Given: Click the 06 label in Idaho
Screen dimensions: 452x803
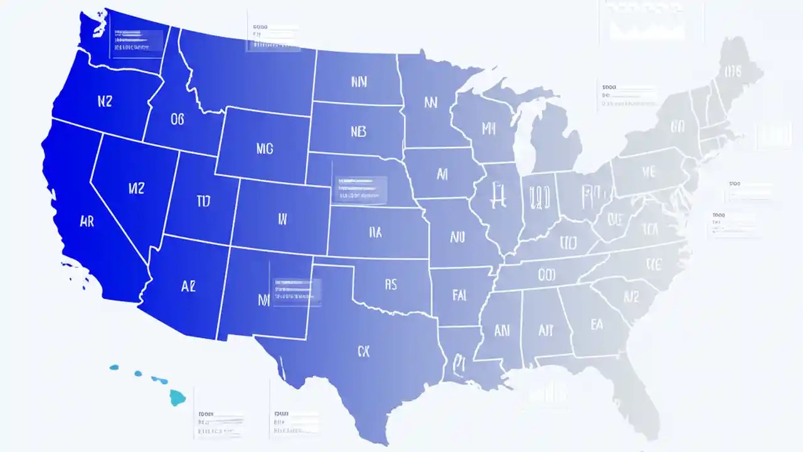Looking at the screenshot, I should tap(177, 119).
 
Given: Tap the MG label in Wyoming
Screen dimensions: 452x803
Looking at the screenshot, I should tap(265, 149).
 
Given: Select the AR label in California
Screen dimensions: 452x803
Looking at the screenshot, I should tap(87, 221).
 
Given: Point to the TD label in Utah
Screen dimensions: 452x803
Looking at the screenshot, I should tap(203, 201).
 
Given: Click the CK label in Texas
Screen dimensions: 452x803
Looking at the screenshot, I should tap(364, 352).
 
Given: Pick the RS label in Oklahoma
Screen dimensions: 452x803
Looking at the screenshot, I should tap(390, 284).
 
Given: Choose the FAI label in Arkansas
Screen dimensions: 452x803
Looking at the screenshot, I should tap(459, 295).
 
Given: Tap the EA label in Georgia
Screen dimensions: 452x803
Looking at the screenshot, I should tap(597, 324).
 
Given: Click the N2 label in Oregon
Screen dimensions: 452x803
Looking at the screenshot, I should tap(105, 102).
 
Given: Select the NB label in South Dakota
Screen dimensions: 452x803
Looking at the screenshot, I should tap(358, 131).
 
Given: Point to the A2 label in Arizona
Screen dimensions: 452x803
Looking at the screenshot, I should tap(188, 286).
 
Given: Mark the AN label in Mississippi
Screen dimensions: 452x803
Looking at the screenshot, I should tap(502, 330).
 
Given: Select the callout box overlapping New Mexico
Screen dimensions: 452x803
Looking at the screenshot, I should tap(297, 291).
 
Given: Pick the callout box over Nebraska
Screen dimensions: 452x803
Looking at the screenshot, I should tap(360, 190).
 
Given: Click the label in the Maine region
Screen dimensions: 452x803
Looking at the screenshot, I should tap(733, 71).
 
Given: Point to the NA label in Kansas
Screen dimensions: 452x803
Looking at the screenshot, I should tap(375, 233).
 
